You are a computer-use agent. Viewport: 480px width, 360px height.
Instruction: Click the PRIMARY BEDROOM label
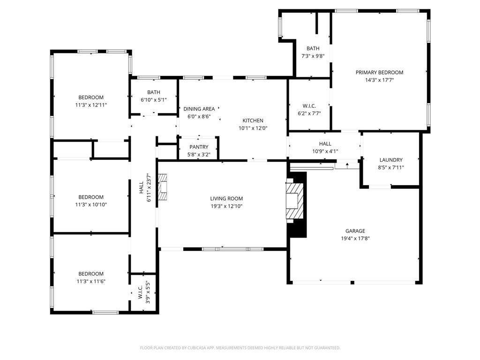pyautogui.click(x=379, y=72)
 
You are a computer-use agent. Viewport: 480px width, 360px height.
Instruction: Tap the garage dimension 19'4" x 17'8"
pyautogui.click(x=355, y=239)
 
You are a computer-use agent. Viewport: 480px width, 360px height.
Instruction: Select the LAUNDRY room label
pyautogui.click(x=391, y=160)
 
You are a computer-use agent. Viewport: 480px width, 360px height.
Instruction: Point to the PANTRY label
pyautogui.click(x=199, y=147)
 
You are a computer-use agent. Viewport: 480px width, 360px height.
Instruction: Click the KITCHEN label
pyautogui.click(x=253, y=120)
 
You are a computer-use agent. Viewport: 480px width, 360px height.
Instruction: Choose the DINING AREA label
pyautogui.click(x=199, y=109)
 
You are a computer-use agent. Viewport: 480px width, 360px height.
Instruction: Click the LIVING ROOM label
pyautogui.click(x=226, y=198)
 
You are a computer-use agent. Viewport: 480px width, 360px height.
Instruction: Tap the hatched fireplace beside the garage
pyautogui.click(x=295, y=201)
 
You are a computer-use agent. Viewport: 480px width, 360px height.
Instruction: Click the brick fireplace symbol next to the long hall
pyautogui.click(x=162, y=187)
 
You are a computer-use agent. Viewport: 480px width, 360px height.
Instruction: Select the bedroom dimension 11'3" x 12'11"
pyautogui.click(x=91, y=105)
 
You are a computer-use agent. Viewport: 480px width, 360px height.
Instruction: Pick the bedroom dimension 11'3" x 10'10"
pyautogui.click(x=91, y=204)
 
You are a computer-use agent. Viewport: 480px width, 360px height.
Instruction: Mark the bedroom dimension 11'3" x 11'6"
pyautogui.click(x=91, y=281)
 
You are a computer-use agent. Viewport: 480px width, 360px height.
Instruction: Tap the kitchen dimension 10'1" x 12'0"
pyautogui.click(x=253, y=128)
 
